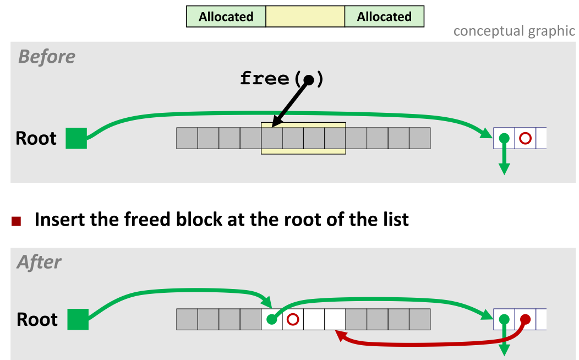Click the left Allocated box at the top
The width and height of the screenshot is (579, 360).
[226, 17]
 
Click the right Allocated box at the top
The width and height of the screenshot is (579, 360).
[384, 17]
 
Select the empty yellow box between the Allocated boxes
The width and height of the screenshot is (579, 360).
[305, 17]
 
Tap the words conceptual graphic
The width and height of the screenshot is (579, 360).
[514, 31]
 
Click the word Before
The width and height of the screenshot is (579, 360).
[47, 57]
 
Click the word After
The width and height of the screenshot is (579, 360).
[39, 262]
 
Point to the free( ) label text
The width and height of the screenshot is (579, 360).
[281, 79]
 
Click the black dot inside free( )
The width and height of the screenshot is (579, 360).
[309, 80]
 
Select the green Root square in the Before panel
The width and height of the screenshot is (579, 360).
[76, 138]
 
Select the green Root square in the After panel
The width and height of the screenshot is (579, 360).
[78, 319]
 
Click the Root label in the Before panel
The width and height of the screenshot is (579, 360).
[36, 138]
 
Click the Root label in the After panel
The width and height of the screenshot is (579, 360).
[37, 319]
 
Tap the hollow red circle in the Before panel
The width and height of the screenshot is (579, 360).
[525, 138]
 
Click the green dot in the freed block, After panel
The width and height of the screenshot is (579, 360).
[271, 319]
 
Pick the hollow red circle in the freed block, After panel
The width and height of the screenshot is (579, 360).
[293, 319]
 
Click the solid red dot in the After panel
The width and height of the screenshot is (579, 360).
[525, 319]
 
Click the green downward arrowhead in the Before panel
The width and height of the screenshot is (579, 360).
[504, 169]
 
